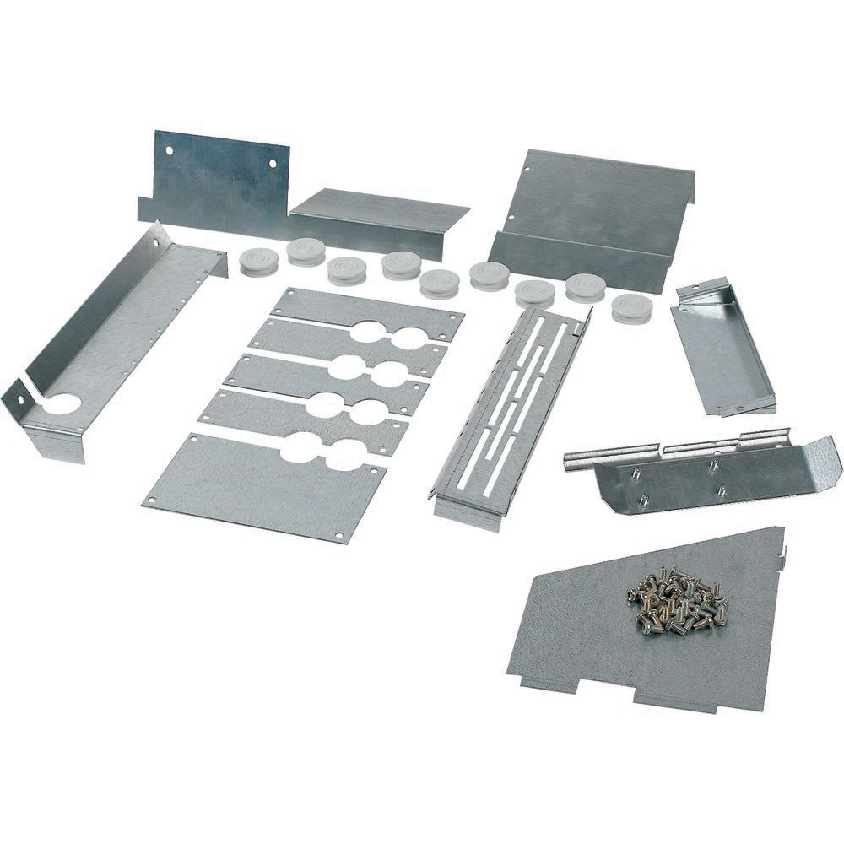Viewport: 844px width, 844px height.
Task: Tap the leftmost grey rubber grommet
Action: point(257,262)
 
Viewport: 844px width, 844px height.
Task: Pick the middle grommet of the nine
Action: point(439,282)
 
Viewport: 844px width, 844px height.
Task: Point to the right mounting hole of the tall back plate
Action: point(272,165)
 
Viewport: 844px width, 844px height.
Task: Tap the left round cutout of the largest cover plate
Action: point(298,447)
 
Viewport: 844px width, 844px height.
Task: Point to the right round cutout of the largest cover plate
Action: point(342,456)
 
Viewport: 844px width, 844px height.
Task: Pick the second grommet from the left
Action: point(306,252)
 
